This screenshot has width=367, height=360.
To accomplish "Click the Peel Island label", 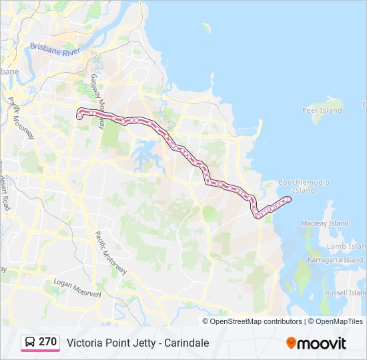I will point(322,111).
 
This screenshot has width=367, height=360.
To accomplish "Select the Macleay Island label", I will point(324,223).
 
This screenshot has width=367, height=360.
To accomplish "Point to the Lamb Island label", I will point(345,247).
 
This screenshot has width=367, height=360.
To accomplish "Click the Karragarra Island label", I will point(335,260).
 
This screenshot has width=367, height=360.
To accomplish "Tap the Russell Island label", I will point(345,293).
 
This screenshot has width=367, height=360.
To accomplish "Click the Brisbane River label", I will point(54,49).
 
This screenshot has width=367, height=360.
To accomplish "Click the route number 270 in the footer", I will point(47,342).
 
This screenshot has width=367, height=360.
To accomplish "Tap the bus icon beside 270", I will point(30,343).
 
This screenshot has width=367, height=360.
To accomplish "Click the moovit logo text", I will point(322,343).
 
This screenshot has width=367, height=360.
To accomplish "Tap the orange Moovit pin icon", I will point(291,343).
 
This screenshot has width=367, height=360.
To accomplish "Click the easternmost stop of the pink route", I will point(288,198).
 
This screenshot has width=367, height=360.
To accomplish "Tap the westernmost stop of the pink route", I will point(79,117).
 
